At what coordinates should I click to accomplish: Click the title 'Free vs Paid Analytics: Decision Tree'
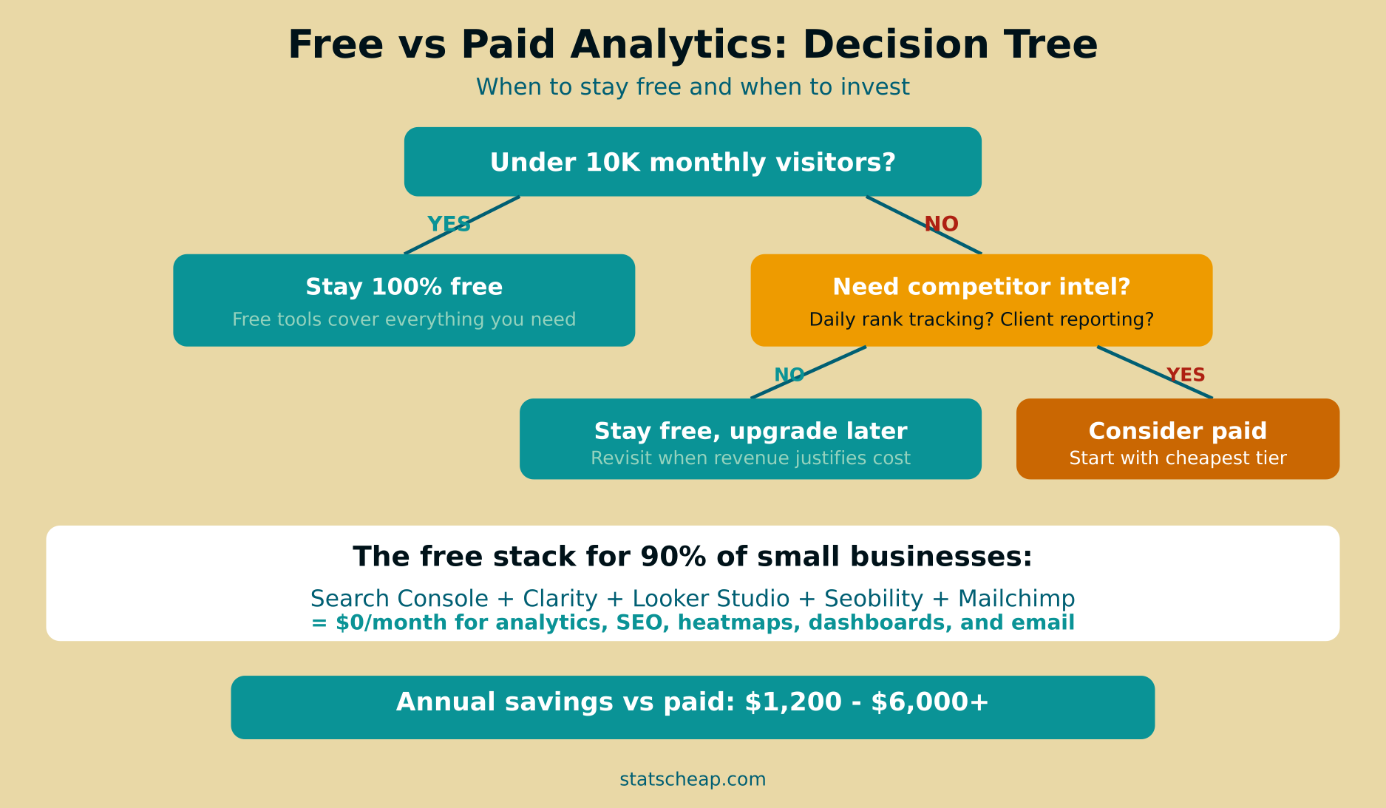click(x=693, y=44)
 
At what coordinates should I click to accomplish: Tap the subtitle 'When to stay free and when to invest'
click(x=693, y=87)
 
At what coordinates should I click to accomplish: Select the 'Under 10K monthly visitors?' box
click(x=693, y=162)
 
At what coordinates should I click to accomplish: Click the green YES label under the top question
click(x=449, y=224)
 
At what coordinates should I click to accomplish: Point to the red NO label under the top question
click(x=941, y=224)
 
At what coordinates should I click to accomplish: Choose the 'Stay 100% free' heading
click(x=404, y=287)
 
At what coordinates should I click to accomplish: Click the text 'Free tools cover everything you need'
click(x=404, y=319)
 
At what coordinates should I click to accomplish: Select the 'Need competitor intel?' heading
click(x=981, y=287)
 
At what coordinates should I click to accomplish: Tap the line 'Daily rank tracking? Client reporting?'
click(x=981, y=319)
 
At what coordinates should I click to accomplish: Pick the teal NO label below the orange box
click(x=789, y=376)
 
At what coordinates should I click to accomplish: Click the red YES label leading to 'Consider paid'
click(x=1185, y=376)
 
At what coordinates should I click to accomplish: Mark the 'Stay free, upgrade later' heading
click(x=750, y=431)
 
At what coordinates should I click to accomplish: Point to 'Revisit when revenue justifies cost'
click(x=750, y=458)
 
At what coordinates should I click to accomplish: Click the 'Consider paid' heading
click(x=1178, y=431)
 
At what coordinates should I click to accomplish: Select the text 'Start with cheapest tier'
click(x=1178, y=458)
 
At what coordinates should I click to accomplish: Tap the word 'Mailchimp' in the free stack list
click(x=1016, y=599)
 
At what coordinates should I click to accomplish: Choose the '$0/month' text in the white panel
click(x=391, y=622)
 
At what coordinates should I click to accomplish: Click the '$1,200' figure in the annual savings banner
click(x=793, y=702)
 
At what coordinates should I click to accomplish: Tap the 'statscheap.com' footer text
click(x=693, y=779)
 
